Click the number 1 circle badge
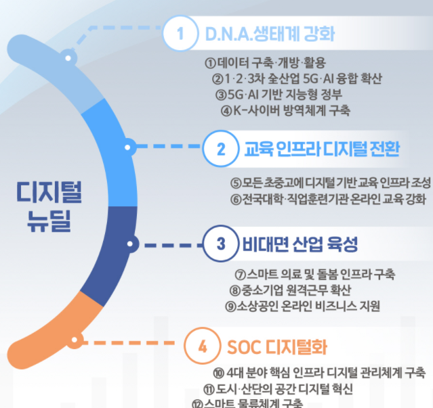click(x=180, y=33)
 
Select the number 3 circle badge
click(x=220, y=244)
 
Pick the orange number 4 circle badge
click(x=202, y=348)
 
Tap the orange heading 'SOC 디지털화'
click(x=277, y=348)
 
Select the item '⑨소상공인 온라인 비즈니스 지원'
click(x=303, y=306)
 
